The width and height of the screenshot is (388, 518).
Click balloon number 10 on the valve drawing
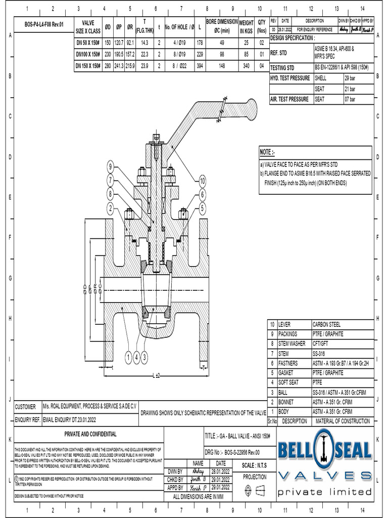(202, 181)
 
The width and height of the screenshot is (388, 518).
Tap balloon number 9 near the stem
(110, 167)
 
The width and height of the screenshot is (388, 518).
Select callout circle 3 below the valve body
(145, 358)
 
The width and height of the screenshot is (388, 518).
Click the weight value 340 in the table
(246, 65)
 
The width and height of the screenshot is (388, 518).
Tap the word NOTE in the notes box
(266, 152)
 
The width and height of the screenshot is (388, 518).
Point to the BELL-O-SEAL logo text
(323, 449)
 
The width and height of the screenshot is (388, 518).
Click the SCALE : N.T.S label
(255, 465)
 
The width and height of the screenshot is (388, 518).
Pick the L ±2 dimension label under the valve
(157, 375)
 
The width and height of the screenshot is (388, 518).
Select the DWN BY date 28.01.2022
(221, 471)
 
